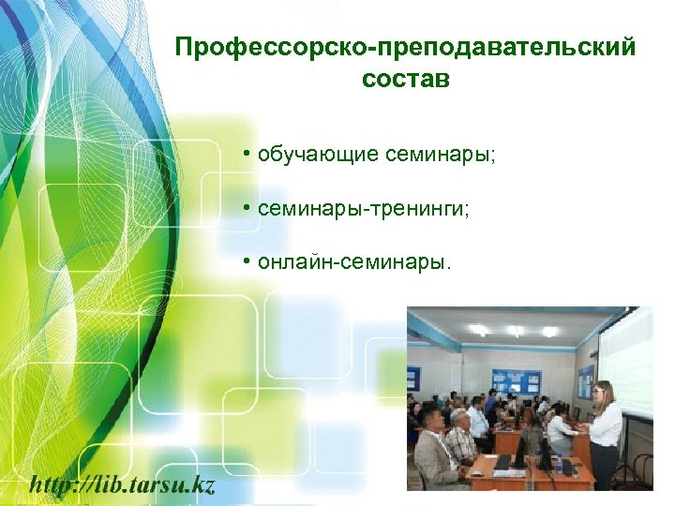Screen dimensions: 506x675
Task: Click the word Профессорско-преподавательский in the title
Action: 405,46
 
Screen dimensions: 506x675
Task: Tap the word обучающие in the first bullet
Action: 319,154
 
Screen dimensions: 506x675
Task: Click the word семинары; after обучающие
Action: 440,154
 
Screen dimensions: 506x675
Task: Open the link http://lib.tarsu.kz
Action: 123,484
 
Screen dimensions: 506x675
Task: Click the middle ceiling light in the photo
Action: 515,331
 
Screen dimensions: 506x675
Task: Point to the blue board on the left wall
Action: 412,379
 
